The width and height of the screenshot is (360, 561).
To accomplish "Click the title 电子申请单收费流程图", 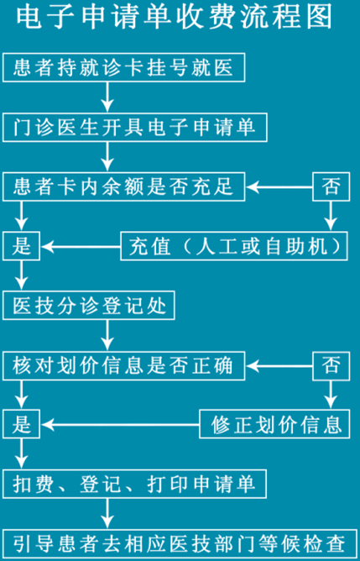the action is (174, 18).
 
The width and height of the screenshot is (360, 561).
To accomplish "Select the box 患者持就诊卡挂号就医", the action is (123, 67).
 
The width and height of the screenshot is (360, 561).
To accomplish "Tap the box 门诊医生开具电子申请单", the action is (135, 127).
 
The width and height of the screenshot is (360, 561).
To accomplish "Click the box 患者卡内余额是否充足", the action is (123, 186).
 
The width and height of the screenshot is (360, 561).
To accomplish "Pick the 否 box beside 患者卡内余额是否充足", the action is (331, 186).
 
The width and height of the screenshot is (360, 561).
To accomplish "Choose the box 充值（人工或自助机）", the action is (234, 246).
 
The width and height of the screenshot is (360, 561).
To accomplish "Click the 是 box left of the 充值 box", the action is (22, 246).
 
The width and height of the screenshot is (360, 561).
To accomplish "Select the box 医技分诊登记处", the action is (89, 305).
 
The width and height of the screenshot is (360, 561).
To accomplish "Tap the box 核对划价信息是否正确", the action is (123, 365).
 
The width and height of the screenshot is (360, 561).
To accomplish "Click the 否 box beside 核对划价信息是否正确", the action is (331, 365).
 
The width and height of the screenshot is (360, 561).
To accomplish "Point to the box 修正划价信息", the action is (274, 424).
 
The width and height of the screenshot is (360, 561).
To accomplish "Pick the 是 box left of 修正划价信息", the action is (22, 424).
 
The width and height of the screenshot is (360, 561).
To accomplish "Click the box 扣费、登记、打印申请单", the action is (135, 484).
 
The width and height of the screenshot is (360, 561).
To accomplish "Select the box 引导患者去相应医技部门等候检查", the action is (180, 544).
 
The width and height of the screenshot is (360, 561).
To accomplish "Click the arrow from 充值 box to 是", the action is (81, 247).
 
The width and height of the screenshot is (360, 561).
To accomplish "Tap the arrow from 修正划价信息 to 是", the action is (121, 425).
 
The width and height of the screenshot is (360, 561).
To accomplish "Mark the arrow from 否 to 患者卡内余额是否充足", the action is (279, 186).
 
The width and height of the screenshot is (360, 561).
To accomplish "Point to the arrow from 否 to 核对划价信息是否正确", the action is (279, 366).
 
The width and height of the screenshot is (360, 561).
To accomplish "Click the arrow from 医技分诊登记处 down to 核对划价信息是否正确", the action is (107, 335).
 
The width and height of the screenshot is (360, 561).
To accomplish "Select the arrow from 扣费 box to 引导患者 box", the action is (107, 513).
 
